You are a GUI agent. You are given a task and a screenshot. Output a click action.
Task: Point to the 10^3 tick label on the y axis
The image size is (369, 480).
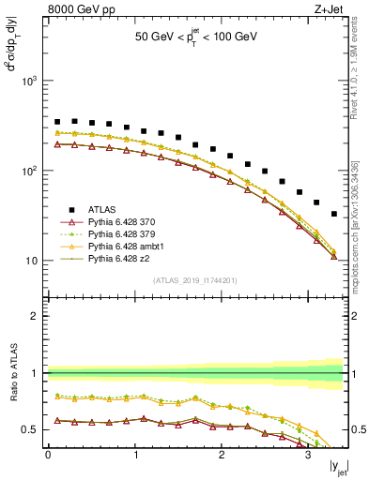coord(32,82)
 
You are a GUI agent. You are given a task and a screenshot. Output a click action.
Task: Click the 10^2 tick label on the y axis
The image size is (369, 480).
coord(32,172)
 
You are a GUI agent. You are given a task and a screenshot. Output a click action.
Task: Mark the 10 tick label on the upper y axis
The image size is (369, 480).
coord(34,261)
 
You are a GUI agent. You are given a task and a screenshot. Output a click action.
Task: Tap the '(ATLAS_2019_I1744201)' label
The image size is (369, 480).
coord(195,279)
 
